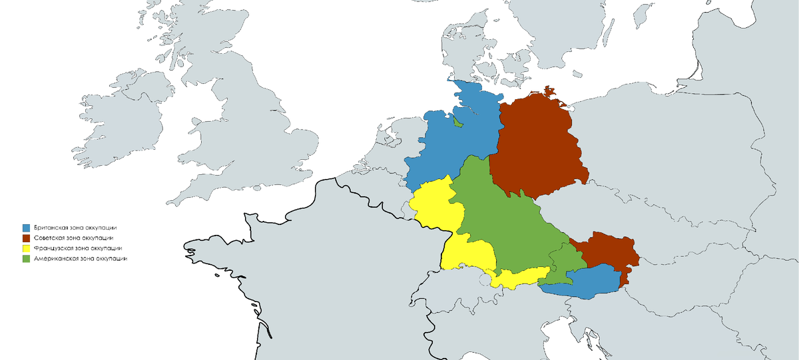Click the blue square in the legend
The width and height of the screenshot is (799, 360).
(27, 228)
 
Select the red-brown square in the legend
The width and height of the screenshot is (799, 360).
(27, 238)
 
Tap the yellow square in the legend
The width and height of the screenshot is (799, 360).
(27, 249)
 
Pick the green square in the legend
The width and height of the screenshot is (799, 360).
(27, 259)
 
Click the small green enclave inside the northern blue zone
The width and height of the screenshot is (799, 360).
(458, 122)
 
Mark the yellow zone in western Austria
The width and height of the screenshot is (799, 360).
(519, 277)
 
